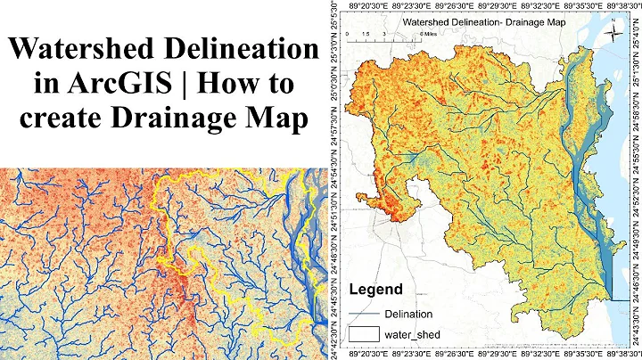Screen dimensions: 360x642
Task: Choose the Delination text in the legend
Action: pyautogui.click(x=408, y=314)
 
